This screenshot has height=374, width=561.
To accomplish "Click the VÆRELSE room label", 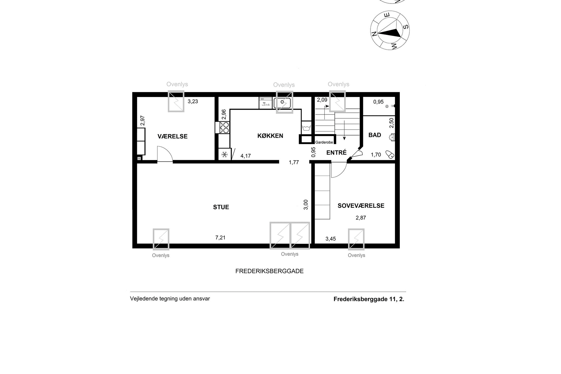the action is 172,136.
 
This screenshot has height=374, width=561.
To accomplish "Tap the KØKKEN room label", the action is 270,136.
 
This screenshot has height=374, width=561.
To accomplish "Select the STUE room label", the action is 221,207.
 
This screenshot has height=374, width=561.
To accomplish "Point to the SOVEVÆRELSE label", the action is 361,206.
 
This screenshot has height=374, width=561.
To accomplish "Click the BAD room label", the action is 375,135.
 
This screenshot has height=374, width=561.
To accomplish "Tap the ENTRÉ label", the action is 336,153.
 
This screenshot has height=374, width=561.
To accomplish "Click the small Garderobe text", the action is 324,142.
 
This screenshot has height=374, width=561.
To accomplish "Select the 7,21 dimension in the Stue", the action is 220,238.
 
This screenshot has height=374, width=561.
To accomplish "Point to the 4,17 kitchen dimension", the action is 245,156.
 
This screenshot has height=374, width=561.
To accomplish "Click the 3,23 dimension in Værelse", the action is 193,101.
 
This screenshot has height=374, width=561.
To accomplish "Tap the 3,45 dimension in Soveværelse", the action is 330,239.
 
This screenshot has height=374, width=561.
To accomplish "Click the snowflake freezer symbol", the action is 224,155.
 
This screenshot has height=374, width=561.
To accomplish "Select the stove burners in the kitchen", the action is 224,128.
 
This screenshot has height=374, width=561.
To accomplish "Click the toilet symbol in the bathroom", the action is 390,155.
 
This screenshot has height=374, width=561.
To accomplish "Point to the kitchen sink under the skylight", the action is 282,102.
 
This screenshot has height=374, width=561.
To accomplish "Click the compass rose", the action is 390,30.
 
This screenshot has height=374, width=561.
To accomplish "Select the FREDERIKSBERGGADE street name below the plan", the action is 269,271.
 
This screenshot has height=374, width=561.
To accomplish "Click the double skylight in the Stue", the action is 290,236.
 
